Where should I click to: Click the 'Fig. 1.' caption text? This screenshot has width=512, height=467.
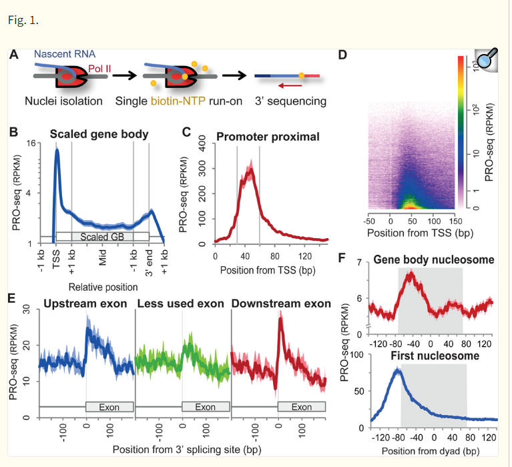coord(23,20)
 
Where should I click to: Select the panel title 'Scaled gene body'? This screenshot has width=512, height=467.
coord(99,134)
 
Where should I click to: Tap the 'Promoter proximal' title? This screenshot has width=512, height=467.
coord(267,137)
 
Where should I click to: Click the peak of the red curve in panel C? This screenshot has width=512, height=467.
coord(250,169)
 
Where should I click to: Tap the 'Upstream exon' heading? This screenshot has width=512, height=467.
coord(85,304)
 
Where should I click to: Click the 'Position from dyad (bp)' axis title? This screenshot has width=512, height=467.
coord(425,451)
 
